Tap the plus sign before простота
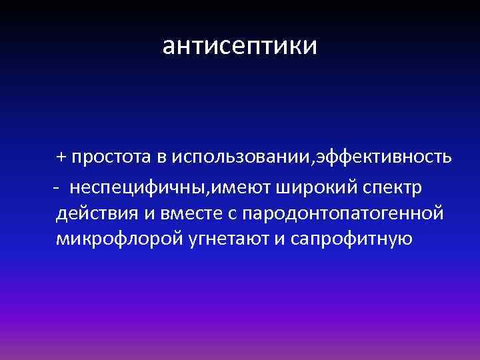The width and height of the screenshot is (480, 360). [61, 157]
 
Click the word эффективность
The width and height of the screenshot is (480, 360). [385, 157]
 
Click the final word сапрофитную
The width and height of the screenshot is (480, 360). [353, 239]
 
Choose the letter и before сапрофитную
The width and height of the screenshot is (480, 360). [282, 239]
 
